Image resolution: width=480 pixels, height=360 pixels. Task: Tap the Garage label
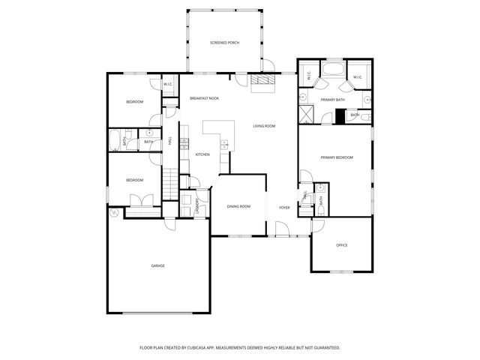[x=157, y=265]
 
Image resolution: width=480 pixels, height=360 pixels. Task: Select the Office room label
[x=341, y=245]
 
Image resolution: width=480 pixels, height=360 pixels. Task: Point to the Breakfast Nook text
[x=204, y=99]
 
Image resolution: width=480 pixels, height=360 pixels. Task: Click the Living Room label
[x=264, y=126]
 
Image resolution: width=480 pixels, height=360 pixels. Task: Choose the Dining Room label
[x=238, y=206]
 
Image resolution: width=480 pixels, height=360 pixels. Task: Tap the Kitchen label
[x=202, y=154]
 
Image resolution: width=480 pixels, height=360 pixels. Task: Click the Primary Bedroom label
[x=337, y=157]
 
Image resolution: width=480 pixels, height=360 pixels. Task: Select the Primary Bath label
[x=332, y=100]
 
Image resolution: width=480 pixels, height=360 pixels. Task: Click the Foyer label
[x=285, y=207]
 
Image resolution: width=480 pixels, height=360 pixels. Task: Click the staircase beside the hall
[x=172, y=181]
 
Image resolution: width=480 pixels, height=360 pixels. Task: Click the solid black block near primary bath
[x=340, y=115]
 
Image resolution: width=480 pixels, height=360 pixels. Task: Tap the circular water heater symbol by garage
[x=115, y=213]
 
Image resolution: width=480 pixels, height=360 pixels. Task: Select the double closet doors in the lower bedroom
[x=139, y=200]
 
